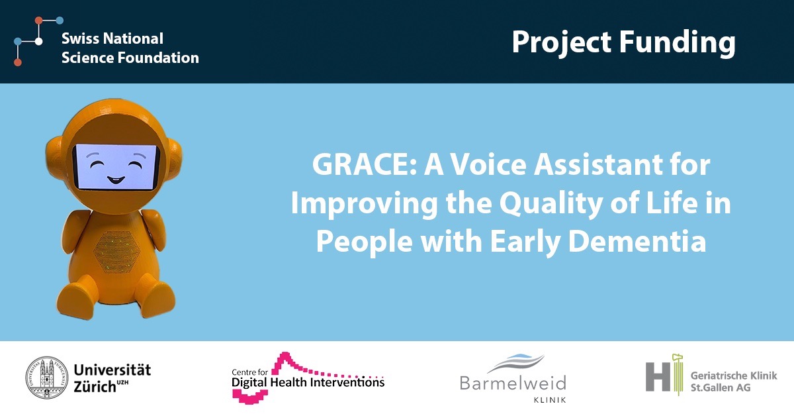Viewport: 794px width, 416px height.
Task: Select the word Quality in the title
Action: coord(551,205)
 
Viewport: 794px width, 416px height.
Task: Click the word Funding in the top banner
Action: coord(677,43)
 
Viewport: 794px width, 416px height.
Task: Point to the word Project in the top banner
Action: coord(562,43)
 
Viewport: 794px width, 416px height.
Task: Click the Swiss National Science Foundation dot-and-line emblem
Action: coord(38,41)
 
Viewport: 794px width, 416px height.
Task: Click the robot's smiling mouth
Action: coord(116,180)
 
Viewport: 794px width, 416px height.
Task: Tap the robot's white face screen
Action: coord(116,166)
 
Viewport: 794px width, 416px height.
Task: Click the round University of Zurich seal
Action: coord(47,378)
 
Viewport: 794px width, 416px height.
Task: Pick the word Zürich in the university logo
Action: coord(95,387)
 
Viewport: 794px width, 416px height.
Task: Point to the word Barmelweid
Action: coord(513,384)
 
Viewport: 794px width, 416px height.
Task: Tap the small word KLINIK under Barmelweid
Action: coord(550,400)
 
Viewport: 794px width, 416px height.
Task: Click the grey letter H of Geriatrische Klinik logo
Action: coord(658,377)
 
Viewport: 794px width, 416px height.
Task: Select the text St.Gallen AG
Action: coord(721,388)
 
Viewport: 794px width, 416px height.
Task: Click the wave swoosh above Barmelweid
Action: coord(515,363)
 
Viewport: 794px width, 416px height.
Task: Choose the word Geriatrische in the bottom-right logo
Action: coord(715,376)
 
